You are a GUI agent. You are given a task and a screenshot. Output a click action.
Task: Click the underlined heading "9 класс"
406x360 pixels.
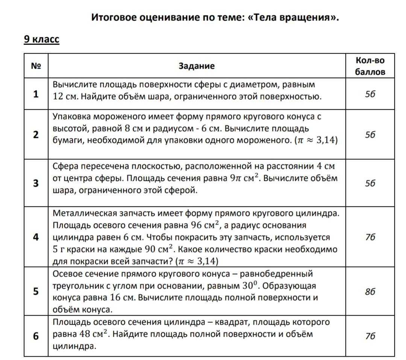pyautogui.click(x=41, y=39)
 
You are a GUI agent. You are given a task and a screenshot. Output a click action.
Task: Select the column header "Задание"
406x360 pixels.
pyautogui.click(x=197, y=66)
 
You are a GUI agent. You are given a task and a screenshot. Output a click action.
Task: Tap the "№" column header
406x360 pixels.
pyautogui.click(x=36, y=66)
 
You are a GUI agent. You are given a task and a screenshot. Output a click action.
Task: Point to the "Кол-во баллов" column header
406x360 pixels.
pyautogui.click(x=370, y=66)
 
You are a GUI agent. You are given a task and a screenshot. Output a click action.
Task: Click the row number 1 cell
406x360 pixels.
pyautogui.click(x=36, y=94)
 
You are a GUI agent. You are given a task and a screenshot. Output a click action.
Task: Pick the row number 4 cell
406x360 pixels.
pyautogui.click(x=36, y=237)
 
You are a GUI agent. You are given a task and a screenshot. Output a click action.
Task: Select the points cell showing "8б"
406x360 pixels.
pyautogui.click(x=370, y=292)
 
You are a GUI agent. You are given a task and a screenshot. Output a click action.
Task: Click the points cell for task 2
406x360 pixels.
pyautogui.click(x=370, y=135)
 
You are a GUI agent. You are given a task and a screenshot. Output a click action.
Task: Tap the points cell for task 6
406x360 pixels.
pyautogui.click(x=370, y=336)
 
